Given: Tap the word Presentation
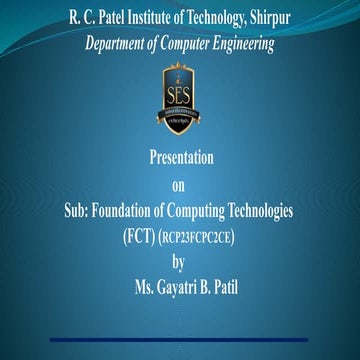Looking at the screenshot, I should [x=180, y=159].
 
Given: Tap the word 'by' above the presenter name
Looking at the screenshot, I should [x=179, y=262].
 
